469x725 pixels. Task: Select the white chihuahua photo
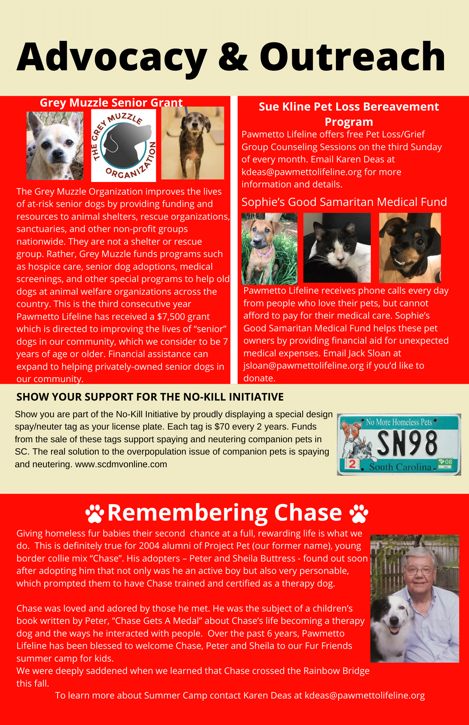pos(55,146)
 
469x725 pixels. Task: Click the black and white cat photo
pos(337,248)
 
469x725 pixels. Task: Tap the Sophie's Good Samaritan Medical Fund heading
pos(344,202)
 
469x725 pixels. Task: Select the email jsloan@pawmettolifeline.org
pos(303,366)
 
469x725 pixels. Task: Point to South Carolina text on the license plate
pos(400,467)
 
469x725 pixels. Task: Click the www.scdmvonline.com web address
pos(121,464)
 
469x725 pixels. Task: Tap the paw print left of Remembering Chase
pos(95,513)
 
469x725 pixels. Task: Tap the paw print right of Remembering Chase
pos(359,513)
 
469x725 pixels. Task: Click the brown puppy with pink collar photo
pos(269,249)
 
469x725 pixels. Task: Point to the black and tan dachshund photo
pos(410,248)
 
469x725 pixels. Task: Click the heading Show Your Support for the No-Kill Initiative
pos(150,397)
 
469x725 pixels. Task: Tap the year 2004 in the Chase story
pos(149,546)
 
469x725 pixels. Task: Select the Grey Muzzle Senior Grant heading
pos(111,103)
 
